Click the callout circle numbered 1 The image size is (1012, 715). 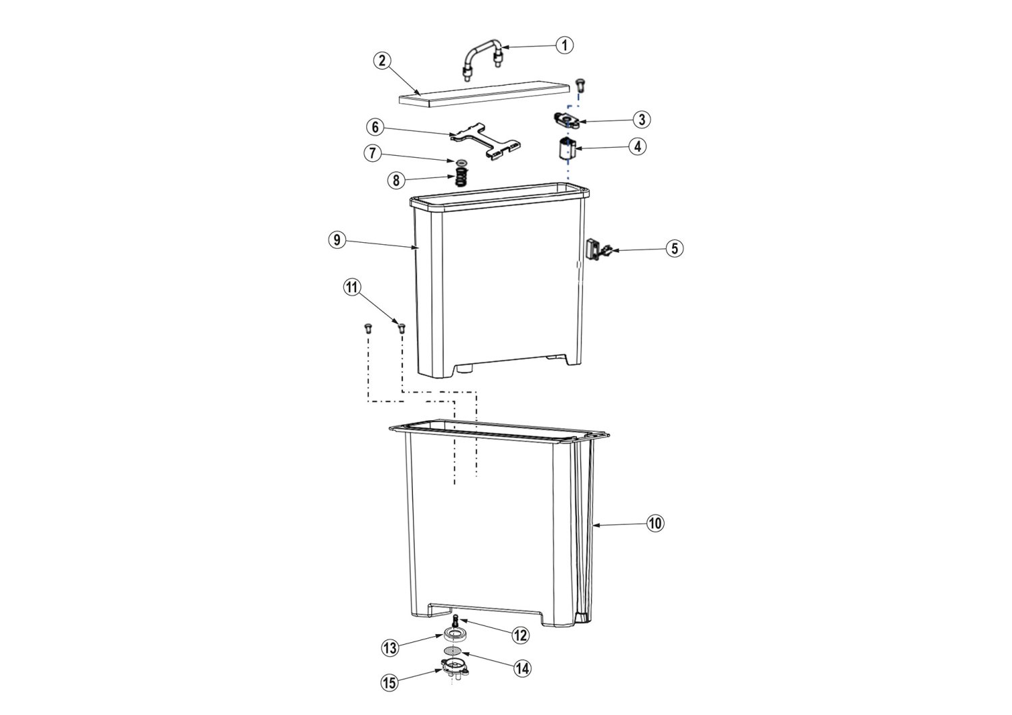click(564, 46)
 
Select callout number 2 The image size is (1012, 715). click(383, 61)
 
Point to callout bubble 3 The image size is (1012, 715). click(641, 119)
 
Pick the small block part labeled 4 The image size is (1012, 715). click(564, 149)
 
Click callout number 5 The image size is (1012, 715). click(674, 248)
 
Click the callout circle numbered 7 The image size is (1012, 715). click(372, 154)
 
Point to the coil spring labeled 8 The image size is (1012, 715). click(461, 175)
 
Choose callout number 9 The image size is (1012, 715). click(337, 239)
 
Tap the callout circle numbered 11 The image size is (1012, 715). click(352, 287)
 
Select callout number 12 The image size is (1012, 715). click(520, 635)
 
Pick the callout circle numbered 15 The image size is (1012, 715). click(389, 683)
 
